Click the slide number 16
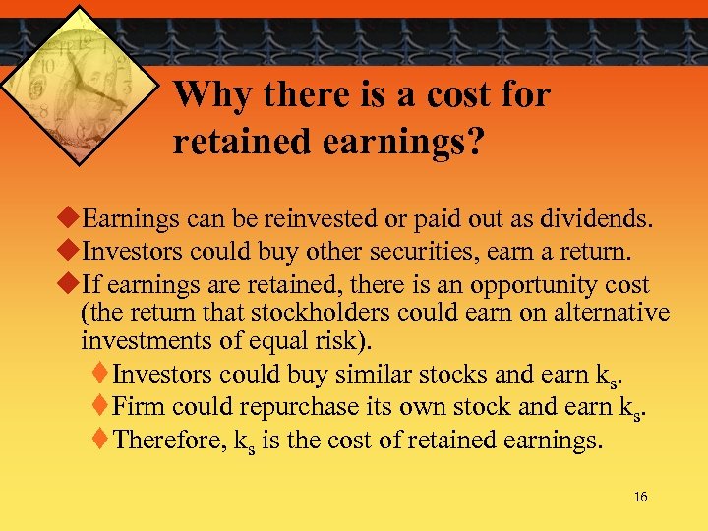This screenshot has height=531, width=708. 640,498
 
